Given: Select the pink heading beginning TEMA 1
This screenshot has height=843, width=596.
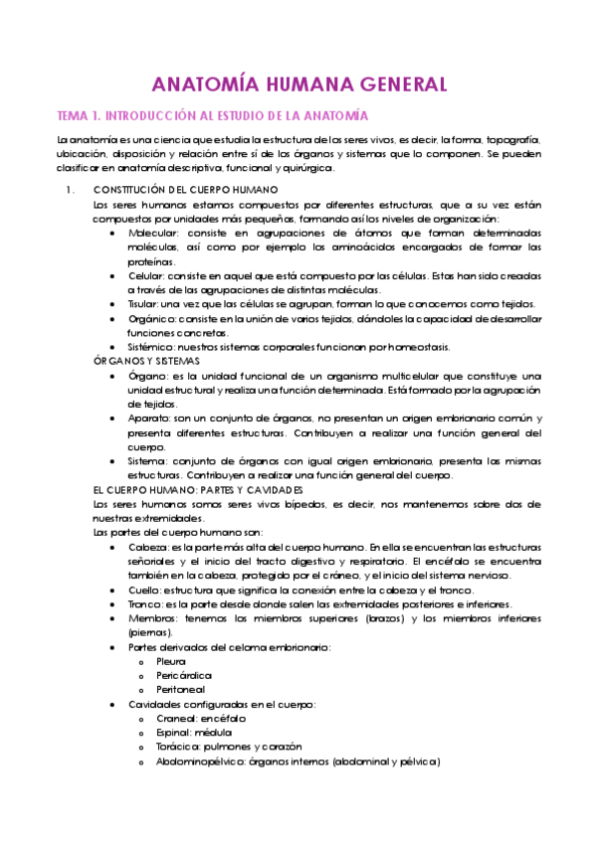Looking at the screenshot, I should pos(213,115).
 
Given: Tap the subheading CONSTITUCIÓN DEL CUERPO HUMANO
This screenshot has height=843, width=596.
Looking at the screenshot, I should pos(184,190).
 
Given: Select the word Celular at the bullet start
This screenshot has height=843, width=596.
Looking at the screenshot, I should pos(146,275).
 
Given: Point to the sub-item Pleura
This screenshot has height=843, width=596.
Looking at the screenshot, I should pos(170,660).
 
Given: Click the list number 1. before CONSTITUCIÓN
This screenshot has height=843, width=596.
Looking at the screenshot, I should pos(69,190).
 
